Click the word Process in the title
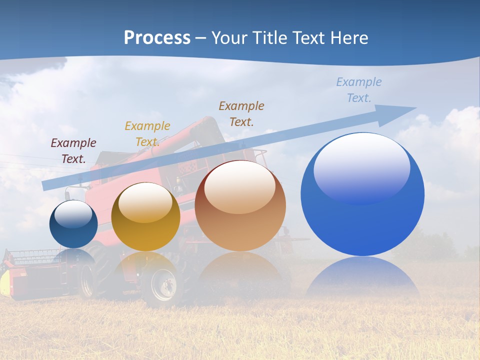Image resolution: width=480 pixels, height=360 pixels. click(157, 38)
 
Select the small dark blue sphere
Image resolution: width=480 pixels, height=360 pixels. click(73, 224)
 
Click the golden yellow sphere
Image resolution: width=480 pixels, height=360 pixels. click(145, 217)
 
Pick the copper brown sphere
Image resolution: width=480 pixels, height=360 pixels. click(240, 206)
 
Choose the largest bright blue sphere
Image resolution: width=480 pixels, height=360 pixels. click(362, 194)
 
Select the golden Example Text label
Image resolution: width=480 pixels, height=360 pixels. click(147, 134)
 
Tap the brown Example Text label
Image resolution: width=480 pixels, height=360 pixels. click(241, 113)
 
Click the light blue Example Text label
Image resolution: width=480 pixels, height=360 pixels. click(359, 89)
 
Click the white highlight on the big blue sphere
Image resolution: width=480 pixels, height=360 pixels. click(361, 167)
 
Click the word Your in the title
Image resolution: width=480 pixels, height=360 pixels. click(230, 38)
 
